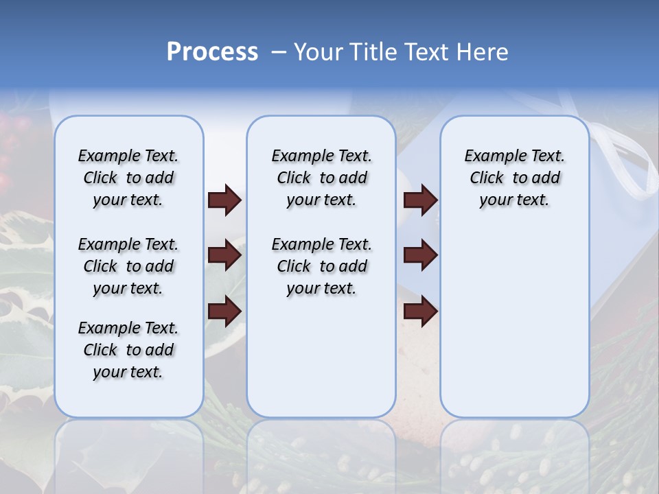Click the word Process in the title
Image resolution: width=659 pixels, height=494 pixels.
(212, 52)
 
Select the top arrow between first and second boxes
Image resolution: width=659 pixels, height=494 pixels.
(224, 200)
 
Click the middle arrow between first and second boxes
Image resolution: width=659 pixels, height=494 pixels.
(224, 256)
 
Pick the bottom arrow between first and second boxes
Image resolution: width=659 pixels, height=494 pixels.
(224, 311)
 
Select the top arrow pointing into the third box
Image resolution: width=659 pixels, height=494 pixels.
(421, 200)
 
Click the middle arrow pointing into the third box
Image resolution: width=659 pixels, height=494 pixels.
(421, 256)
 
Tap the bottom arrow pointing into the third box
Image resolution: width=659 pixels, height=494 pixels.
(421, 311)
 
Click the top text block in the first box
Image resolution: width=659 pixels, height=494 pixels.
(128, 178)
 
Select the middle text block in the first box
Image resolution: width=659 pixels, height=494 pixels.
(128, 266)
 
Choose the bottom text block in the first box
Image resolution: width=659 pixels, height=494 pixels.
(128, 350)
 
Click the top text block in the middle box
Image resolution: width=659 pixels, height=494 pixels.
(321, 178)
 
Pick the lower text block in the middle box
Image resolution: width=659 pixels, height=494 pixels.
(321, 266)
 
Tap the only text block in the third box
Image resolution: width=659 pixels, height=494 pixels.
(514, 178)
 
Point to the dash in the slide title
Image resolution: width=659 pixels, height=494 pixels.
(279, 52)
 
